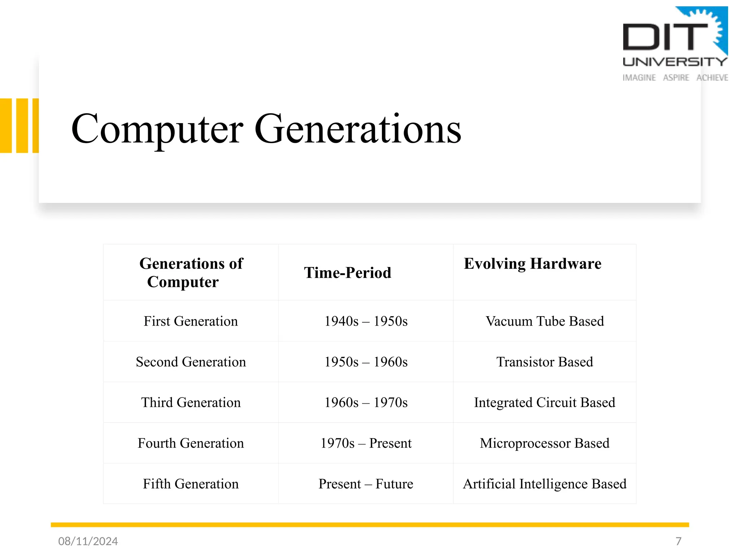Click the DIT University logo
(675, 44)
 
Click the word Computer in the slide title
(157, 129)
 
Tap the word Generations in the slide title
(358, 129)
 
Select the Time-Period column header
(348, 273)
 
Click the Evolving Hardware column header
(533, 264)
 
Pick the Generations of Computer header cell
(191, 272)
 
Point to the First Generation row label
(191, 321)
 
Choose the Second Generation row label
(191, 362)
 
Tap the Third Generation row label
(191, 403)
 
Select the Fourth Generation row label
(191, 443)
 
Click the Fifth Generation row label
(191, 484)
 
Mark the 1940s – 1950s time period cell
(366, 321)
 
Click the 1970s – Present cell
(366, 443)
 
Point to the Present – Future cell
(366, 484)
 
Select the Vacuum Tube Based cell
(545, 321)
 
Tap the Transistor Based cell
(545, 362)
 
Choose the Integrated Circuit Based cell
(545, 403)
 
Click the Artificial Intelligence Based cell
(545, 484)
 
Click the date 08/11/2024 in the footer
(88, 541)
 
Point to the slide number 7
(678, 541)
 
